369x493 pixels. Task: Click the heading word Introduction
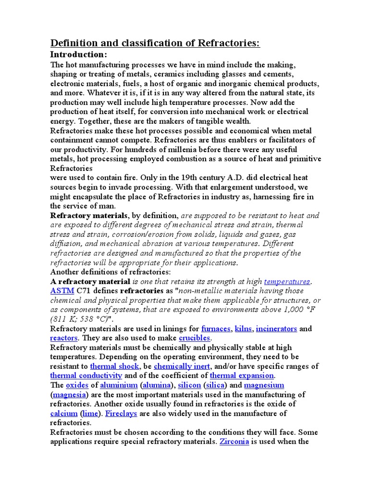(x=79, y=54)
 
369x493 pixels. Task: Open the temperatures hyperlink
(x=287, y=281)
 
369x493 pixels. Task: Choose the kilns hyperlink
(x=243, y=328)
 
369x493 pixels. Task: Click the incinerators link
(x=276, y=328)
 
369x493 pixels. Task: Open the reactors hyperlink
(x=64, y=338)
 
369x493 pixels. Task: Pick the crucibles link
(x=195, y=338)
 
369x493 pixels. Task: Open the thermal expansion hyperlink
(x=242, y=376)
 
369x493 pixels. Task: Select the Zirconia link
(x=234, y=441)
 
